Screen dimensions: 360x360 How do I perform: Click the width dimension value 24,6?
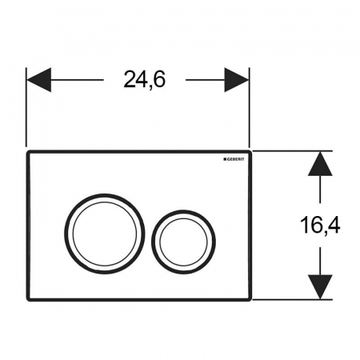click(x=145, y=79)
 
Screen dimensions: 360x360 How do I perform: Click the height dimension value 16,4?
click(x=320, y=225)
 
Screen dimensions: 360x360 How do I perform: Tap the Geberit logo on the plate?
click(x=234, y=159)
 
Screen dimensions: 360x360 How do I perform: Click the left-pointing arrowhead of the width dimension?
click(x=39, y=80)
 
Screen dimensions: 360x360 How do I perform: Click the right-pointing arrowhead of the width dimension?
click(x=237, y=80)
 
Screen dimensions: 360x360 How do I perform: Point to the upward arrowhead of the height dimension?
click(x=320, y=164)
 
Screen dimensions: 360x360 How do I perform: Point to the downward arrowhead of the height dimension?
click(x=320, y=286)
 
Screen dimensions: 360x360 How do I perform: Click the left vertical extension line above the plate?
click(x=26, y=107)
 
